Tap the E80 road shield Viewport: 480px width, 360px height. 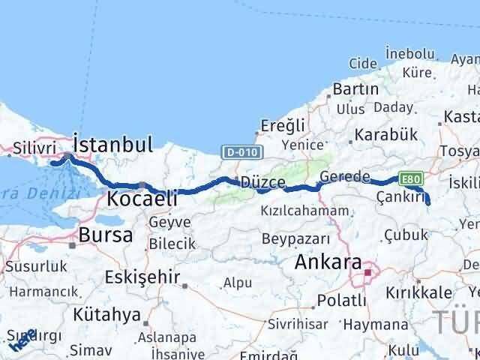pos(411,178)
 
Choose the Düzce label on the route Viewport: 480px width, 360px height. pos(262,183)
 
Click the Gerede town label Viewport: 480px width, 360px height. pos(344,177)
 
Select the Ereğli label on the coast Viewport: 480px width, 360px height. pos(283,126)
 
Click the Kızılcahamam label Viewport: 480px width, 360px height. pos(304,211)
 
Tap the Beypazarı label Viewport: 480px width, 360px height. pos(295,238)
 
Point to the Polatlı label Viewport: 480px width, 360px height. pos(342,300)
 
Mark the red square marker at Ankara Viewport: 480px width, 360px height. pos(367,273)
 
